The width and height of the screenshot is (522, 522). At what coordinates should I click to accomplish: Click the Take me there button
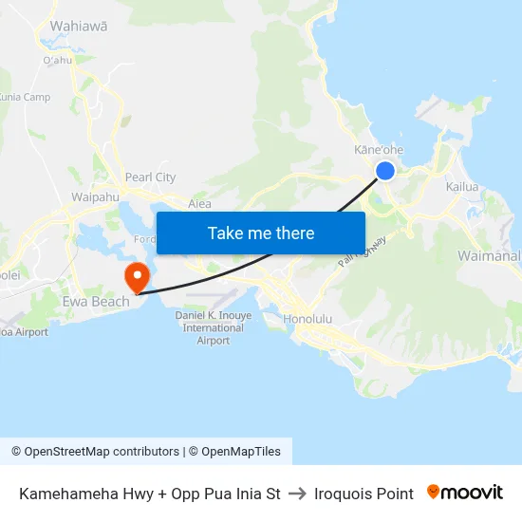pos(261,233)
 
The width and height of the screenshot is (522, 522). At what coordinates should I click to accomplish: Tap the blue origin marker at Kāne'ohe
pos(385,171)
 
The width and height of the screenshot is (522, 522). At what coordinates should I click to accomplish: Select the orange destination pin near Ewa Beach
pos(138,276)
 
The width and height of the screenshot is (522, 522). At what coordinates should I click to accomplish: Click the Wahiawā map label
pos(77,27)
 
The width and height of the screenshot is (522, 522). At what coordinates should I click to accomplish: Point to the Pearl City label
pos(151,177)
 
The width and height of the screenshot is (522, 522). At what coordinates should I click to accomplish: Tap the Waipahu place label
pos(94,197)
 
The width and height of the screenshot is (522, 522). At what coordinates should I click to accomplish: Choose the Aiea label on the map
pos(199,203)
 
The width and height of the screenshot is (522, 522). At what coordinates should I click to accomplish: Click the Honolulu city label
pos(308,319)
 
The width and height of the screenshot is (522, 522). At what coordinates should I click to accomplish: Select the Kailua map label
pos(462,187)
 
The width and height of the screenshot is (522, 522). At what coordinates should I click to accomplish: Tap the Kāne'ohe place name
pos(379,150)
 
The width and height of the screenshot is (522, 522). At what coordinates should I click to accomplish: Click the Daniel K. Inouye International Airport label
pos(214,327)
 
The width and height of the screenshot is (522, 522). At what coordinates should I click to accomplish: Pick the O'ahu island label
pos(57,61)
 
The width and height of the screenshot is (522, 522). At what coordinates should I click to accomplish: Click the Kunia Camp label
pos(23,97)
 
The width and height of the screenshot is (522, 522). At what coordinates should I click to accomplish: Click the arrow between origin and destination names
pos(297,494)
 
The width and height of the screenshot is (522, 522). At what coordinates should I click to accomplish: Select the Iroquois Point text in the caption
pos(364,494)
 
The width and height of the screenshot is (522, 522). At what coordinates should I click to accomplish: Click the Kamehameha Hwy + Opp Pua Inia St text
pos(150,494)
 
